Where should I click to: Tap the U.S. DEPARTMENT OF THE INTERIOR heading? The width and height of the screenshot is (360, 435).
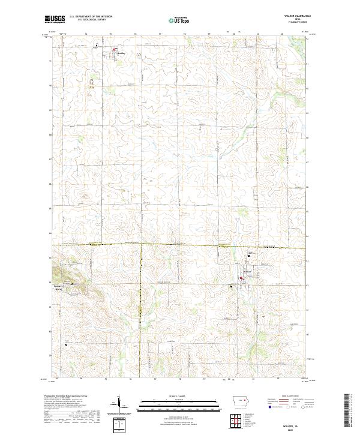coord(91,16)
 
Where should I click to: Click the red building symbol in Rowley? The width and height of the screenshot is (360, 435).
coord(116,49)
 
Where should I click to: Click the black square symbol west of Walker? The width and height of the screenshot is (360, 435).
coord(232,286)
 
